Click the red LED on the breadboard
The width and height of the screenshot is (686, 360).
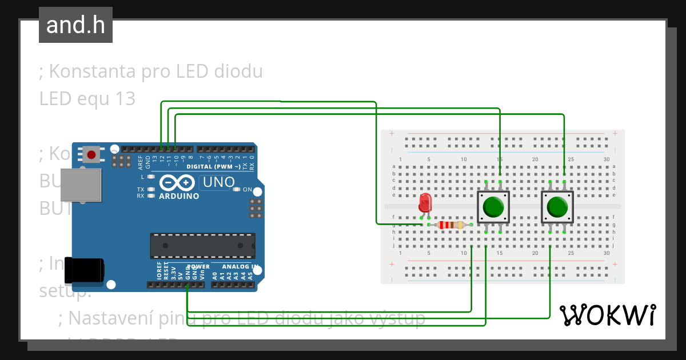pos(425,203)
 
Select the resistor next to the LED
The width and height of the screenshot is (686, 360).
pos(450,225)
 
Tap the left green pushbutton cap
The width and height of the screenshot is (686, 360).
pos(493,207)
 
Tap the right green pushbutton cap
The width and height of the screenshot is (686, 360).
pos(557,207)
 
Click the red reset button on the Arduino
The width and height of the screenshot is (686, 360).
pos(91,154)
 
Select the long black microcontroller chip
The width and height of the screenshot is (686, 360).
pos(202,245)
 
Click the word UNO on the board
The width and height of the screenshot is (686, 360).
pos(217,182)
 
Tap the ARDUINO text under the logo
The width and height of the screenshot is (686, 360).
pos(179,197)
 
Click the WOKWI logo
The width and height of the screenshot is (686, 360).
pos(607,315)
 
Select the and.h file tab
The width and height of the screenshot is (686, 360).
pos(75,25)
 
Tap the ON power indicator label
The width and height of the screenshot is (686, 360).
pos(248,190)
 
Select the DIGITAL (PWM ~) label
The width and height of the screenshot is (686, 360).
pos(213,167)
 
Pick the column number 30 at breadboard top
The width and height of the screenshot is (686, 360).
pos(606,159)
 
